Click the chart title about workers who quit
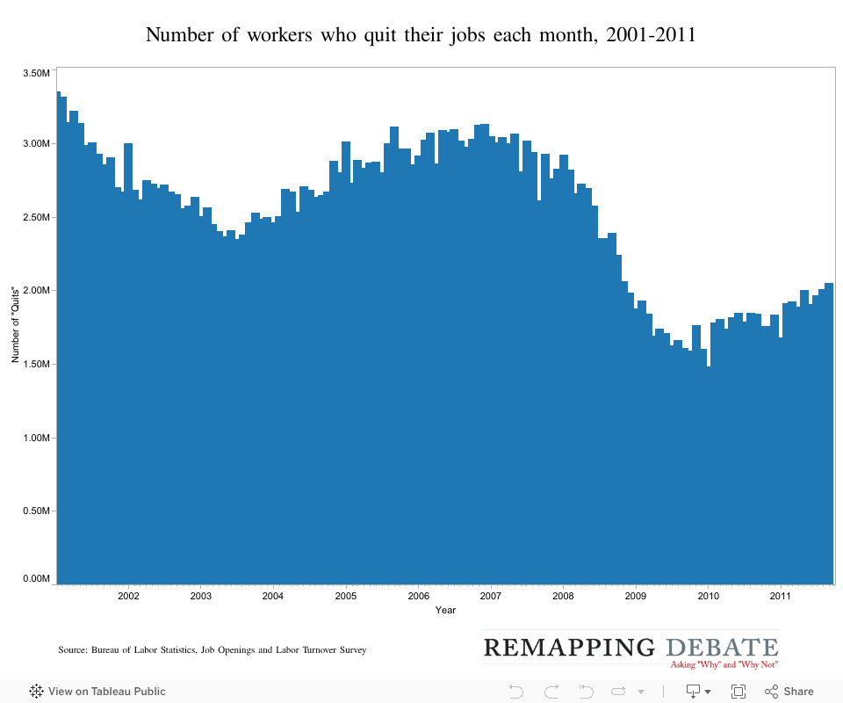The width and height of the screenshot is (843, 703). point(421,35)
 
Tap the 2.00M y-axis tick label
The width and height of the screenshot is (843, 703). point(36,290)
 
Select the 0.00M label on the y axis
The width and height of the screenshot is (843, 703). point(36,578)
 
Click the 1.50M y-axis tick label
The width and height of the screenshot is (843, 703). point(36,364)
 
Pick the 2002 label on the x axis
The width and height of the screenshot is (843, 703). point(128,596)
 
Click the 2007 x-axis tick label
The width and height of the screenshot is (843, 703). point(490,596)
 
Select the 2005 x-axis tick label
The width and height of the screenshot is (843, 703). point(345,596)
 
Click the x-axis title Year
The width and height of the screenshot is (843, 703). point(445,610)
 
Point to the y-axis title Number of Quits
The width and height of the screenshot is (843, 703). point(15,324)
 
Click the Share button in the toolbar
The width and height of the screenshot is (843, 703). point(789,692)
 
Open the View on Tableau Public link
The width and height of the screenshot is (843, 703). point(97,692)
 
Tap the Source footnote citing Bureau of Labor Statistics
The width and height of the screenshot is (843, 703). point(212,650)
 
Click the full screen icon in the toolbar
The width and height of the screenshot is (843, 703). point(739,692)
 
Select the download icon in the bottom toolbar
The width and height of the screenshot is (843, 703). point(693,692)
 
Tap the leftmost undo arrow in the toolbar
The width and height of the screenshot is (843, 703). point(515,692)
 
